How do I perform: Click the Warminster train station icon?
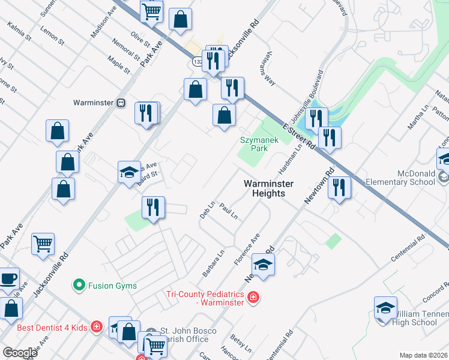121,103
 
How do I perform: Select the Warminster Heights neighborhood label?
264,188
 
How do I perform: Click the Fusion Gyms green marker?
78,285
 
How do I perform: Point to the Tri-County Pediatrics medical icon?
253,297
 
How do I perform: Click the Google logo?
20,353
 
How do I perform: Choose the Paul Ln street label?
229,211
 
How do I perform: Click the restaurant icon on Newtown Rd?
339,187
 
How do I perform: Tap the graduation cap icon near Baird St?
129,172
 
